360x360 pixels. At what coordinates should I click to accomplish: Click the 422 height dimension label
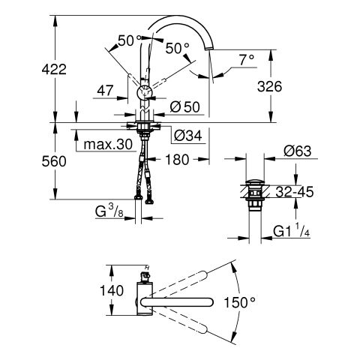click(x=54, y=69)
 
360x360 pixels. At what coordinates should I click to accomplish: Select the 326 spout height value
click(x=269, y=86)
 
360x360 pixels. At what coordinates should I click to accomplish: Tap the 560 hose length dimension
click(x=54, y=161)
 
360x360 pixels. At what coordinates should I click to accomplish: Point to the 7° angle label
click(x=247, y=60)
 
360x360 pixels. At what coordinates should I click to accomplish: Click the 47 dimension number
click(x=105, y=91)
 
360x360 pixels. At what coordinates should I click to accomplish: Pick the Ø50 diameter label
click(x=185, y=107)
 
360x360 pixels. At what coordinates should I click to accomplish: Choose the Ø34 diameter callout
click(x=188, y=136)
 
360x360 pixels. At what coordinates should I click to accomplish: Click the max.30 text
click(x=108, y=145)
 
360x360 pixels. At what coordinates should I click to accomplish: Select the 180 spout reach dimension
click(x=177, y=160)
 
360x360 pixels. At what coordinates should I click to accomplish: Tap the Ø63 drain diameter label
click(x=298, y=151)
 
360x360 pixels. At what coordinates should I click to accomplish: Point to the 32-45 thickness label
click(x=295, y=192)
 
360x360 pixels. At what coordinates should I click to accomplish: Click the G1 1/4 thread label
click(x=292, y=230)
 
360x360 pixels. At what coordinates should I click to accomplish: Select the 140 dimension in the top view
click(x=112, y=290)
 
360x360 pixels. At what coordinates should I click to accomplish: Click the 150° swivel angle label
click(x=239, y=302)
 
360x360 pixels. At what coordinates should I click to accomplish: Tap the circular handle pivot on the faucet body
click(x=144, y=92)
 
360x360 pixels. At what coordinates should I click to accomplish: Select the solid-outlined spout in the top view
click(x=177, y=302)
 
